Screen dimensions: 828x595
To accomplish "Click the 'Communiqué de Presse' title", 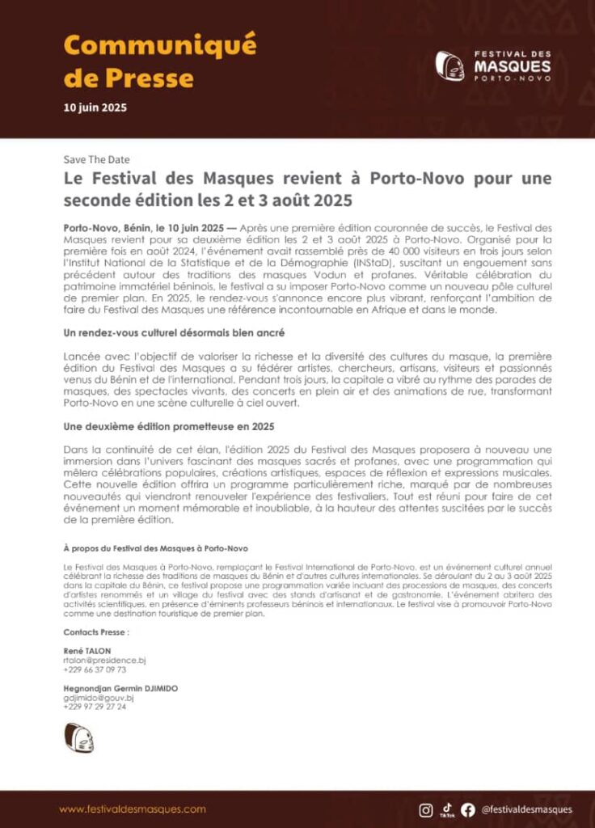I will tap(159, 61).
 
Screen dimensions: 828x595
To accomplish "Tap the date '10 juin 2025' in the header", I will tap(95, 107).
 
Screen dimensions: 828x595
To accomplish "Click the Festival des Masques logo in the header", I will tap(493, 65).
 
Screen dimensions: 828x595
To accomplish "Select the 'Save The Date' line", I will tap(96, 159).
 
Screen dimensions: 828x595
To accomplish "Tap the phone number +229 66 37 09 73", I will tap(95, 670).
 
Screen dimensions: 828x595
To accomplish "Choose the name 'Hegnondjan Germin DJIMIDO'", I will tap(120, 688).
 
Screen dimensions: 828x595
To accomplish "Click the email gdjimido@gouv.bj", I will tap(98, 697).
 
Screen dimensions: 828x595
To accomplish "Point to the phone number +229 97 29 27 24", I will tap(95, 706).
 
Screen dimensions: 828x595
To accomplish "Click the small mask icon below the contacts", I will tap(79, 738).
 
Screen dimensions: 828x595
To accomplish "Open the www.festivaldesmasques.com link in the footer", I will tap(133, 809).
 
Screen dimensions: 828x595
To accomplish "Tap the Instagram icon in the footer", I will tap(426, 809).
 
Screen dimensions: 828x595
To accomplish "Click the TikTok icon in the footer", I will tap(447, 809).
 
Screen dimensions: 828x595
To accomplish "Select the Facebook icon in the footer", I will tap(468, 809).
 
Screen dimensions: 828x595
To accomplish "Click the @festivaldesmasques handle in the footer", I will tap(526, 809).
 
